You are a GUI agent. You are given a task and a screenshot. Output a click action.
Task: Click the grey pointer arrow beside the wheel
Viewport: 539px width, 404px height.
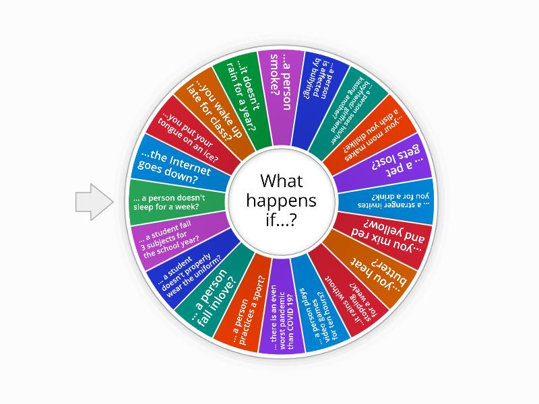[x=93, y=201]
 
